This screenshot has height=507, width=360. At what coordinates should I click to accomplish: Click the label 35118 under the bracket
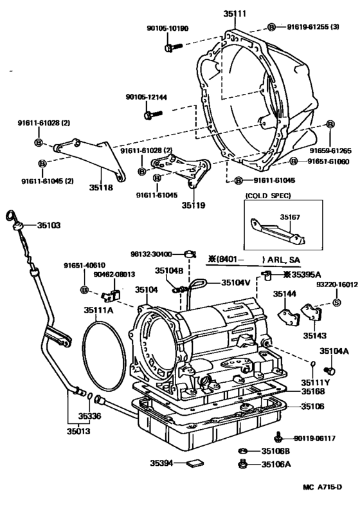(102, 189)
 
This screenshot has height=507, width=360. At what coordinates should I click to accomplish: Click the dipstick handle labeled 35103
(17, 225)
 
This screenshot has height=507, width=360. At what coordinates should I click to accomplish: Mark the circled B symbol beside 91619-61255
(271, 26)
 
